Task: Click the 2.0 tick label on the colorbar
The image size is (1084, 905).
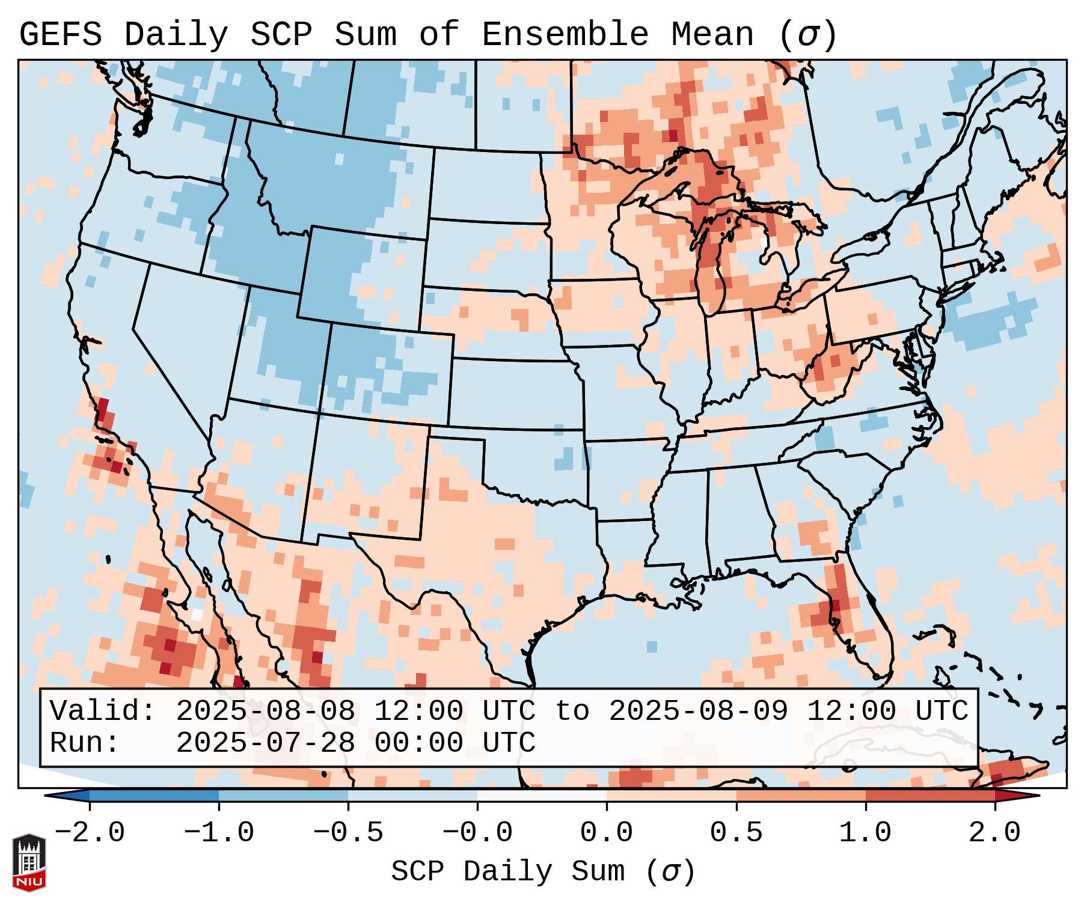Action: coord(994,833)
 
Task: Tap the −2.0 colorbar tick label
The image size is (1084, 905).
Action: coord(90,833)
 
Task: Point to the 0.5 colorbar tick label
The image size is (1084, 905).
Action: coord(736,833)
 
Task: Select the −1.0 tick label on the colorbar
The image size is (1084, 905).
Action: coord(219,833)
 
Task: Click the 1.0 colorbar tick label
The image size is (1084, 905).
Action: coord(865,833)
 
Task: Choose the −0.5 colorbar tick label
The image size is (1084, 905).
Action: coord(348,833)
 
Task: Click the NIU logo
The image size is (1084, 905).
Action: coord(29,862)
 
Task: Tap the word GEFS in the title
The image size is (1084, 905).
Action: coord(60,35)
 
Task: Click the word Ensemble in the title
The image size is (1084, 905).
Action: coord(565,35)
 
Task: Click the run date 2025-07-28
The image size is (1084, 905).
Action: coord(266,743)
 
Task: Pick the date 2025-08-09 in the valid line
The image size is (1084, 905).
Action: coord(699,712)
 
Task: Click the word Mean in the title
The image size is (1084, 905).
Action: coord(712,35)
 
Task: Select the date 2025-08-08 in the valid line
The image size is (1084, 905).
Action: coord(266,712)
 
